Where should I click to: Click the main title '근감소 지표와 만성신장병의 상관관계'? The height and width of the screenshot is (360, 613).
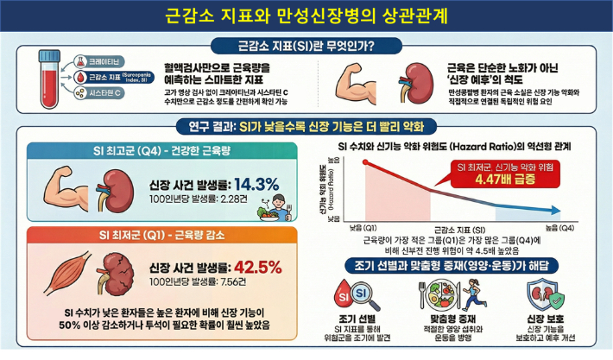[305, 15]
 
